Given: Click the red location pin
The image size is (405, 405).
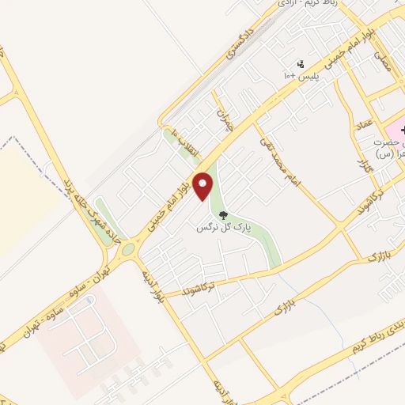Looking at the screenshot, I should tap(204, 187).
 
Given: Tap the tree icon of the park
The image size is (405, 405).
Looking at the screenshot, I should tap(224, 214).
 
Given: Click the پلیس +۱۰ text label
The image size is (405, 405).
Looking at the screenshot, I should tap(300, 75).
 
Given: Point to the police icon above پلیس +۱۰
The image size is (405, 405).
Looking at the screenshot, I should tap(300, 63).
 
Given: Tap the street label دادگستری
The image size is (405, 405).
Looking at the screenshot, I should tap(243, 47).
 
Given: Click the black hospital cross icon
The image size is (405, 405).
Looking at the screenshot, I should tap(400, 127).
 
